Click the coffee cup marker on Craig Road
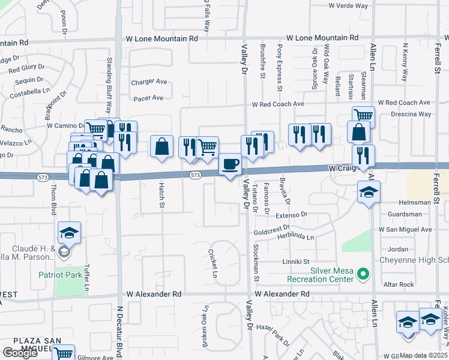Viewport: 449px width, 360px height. pos(230,164)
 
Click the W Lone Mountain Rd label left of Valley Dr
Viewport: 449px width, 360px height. pos(161,38)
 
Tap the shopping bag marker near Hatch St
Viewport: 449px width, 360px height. pos(162,146)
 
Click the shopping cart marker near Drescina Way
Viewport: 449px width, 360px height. pos(363,116)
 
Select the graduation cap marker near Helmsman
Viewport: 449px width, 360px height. pos(369,193)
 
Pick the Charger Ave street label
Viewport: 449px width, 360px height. pos(149,82)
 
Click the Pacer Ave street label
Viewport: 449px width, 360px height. pos(148,98)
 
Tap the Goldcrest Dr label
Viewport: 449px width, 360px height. pos(272,229)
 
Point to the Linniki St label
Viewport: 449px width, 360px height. pos(296,262)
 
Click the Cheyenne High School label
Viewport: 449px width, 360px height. pos(414,260)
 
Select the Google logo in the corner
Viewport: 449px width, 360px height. pos(20,353)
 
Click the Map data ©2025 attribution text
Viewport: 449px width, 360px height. pos(423,355)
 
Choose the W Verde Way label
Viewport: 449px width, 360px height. pos(348,5)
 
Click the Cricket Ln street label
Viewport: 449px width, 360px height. pos(212,265)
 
